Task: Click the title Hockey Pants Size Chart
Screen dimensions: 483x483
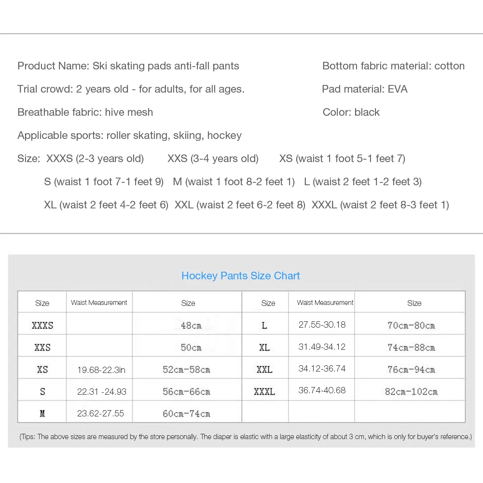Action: (240, 276)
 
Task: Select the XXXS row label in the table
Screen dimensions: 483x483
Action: (42, 326)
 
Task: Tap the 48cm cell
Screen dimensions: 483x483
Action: (191, 326)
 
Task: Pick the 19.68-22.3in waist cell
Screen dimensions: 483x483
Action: (101, 370)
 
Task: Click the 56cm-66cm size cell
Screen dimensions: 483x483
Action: (186, 392)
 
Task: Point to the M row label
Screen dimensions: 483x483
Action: (42, 414)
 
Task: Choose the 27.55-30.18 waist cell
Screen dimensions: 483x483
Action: (322, 325)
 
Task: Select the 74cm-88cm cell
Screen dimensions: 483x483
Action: (411, 347)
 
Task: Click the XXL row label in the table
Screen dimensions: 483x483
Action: (264, 370)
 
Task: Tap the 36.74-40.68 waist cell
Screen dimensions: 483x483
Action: (322, 390)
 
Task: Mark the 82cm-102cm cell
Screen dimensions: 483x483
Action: (411, 392)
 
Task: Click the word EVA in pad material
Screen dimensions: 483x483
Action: (398, 89)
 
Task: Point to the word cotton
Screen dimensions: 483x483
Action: (449, 66)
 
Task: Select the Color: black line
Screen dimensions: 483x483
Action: (351, 112)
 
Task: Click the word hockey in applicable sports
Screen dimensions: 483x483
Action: (224, 136)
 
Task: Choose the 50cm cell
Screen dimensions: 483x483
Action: (191, 348)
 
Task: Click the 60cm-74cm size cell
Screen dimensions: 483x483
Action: (186, 414)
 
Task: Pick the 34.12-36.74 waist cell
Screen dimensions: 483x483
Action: (322, 369)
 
